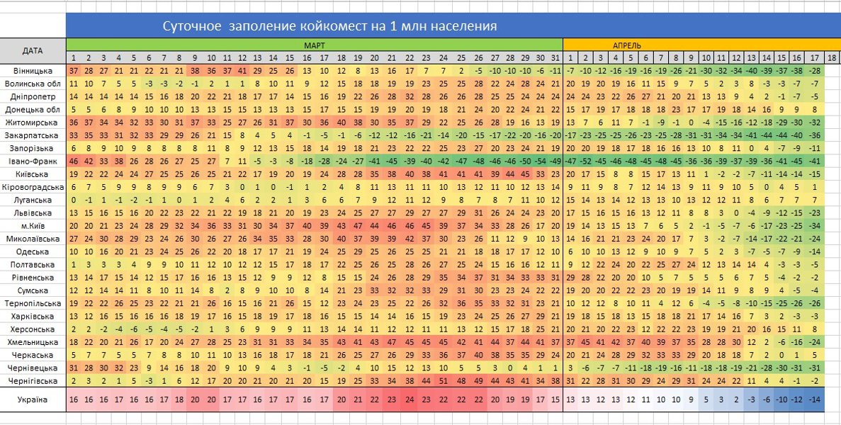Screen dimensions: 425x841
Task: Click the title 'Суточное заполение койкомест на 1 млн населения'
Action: point(329,27)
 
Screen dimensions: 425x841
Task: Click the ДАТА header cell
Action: point(33,51)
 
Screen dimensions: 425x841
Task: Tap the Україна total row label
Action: point(33,399)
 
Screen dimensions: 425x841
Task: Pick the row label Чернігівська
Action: point(33,380)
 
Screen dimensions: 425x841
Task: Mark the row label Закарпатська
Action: point(33,135)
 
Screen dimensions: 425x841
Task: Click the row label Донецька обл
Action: point(33,110)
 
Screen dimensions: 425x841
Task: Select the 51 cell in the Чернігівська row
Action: point(444,380)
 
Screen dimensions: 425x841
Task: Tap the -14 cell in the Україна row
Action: point(815,399)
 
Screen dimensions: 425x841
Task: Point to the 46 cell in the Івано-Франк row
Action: point(74,161)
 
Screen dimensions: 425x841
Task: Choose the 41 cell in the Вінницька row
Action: point(242,72)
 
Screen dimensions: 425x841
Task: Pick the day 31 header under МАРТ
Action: point(555,57)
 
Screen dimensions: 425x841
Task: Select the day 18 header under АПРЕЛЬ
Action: point(832,57)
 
